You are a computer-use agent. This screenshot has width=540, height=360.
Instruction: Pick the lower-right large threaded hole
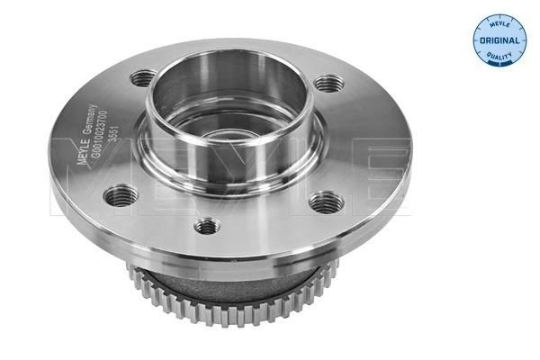(x=324, y=202)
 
